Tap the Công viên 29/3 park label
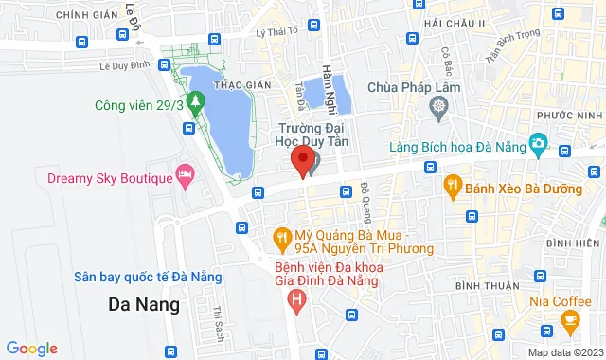click(x=139, y=105)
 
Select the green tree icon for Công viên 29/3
click(x=195, y=100)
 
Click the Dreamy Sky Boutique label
click(x=109, y=178)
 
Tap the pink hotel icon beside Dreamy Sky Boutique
click(x=186, y=175)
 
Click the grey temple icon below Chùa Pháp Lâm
click(x=439, y=106)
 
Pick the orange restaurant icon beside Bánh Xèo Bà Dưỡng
click(x=454, y=185)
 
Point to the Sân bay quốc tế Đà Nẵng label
click(x=149, y=277)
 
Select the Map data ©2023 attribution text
click(x=564, y=352)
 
